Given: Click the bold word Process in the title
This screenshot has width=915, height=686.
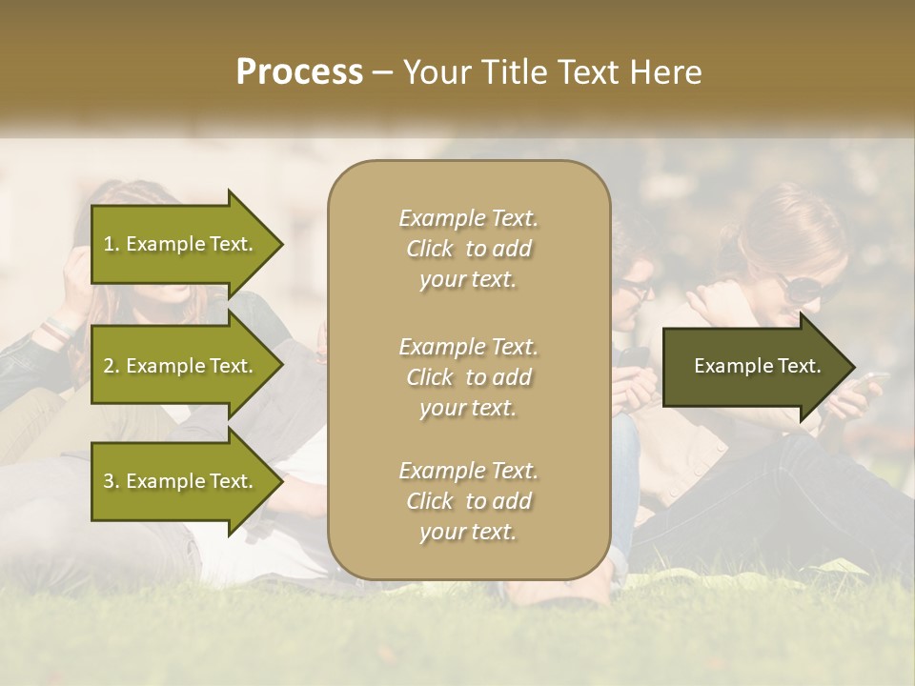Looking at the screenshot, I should pyautogui.click(x=299, y=72).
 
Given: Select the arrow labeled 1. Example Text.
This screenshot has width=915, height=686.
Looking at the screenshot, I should pyautogui.click(x=179, y=244).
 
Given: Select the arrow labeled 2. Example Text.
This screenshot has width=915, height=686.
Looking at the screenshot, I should pyautogui.click(x=179, y=366).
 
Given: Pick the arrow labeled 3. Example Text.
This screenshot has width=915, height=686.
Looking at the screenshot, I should pyautogui.click(x=179, y=481).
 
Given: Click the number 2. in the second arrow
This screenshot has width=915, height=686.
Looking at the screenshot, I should pyautogui.click(x=111, y=366).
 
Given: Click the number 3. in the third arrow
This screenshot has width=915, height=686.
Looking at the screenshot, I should pyautogui.click(x=111, y=481).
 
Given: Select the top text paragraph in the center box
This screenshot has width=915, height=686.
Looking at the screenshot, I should pyautogui.click(x=468, y=249).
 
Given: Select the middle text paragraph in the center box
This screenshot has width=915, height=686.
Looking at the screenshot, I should pyautogui.click(x=468, y=377).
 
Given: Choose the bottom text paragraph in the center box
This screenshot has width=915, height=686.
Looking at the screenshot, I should pyautogui.click(x=468, y=501).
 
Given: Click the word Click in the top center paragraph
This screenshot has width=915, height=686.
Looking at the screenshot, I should pyautogui.click(x=430, y=249).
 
